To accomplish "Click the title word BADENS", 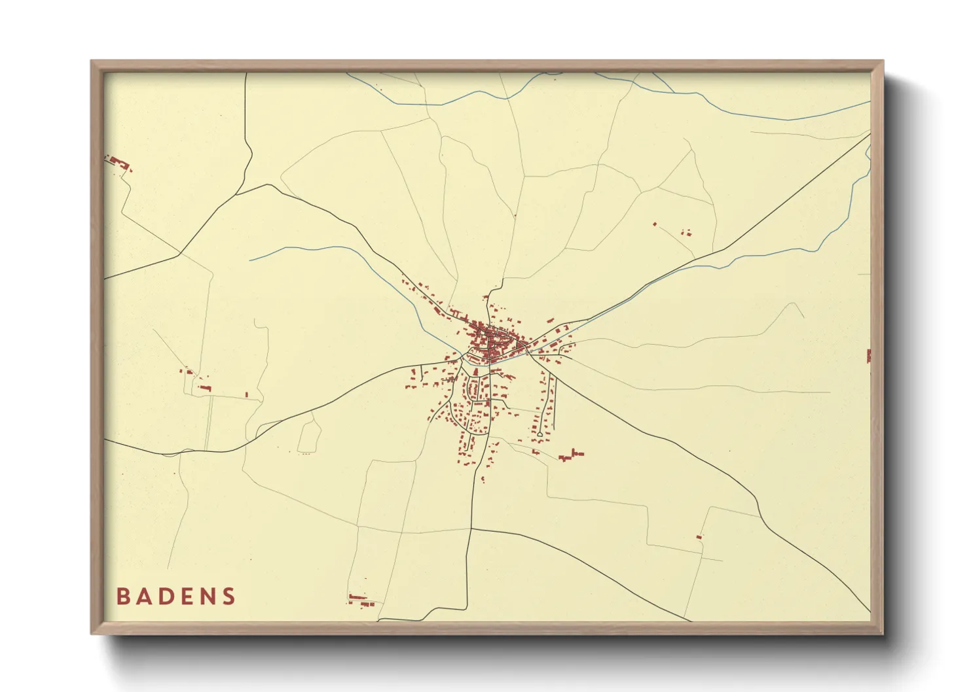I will pos(176,596).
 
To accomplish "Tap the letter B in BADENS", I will pos(122,596).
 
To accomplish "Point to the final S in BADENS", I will pos(229,596).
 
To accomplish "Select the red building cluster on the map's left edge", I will pos(118,162).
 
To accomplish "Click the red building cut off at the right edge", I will pos(868,356).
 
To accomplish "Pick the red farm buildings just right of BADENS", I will pos(358,598).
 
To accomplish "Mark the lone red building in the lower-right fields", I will pos(699,536).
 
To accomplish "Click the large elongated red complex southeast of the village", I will pos(571,455).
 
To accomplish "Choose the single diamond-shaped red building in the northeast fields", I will pos(654,224).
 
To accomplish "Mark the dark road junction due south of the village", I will pos(471,527).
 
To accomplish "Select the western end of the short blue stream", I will pos(250,260).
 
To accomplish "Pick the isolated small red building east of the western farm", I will pos(246,394).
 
